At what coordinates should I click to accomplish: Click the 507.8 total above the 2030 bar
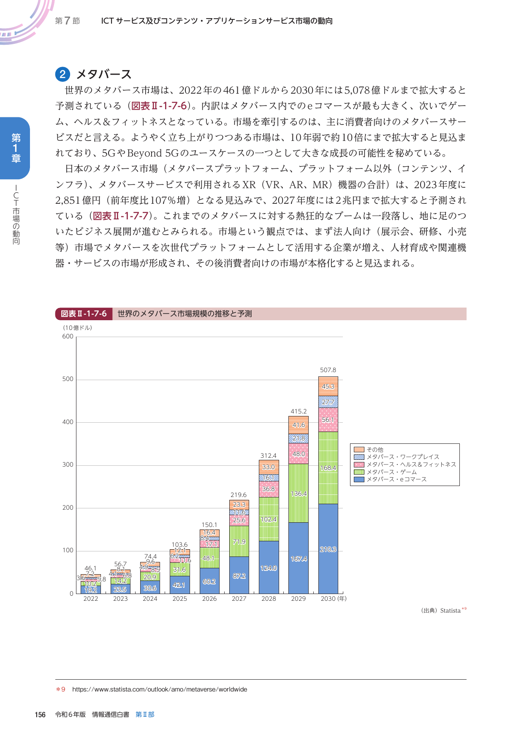pos(328,370)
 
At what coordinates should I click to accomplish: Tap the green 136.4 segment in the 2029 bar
pos(298,493)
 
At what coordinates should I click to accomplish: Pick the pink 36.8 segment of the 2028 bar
pos(269,489)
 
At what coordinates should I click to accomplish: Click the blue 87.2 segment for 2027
pos(239,575)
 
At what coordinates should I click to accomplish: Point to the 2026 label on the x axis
pos(209,599)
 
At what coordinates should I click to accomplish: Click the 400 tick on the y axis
pos(68,422)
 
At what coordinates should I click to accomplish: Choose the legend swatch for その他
pos(359,450)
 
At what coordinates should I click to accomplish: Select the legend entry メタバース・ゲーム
pos(391,472)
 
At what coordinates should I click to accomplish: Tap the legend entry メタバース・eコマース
pos(396,479)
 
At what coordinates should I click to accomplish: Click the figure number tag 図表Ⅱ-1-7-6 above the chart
pos(84,314)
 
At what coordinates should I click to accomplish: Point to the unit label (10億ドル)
pos(78,328)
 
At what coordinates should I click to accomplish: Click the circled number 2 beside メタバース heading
pos(62,75)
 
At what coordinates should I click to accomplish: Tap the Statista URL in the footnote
pos(160,689)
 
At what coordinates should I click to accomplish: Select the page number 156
pos(40,715)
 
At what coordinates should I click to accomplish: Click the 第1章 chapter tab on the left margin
pos(16,148)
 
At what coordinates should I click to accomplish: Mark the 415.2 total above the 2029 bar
pos(298,411)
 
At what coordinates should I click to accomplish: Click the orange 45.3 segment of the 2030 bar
pos(328,386)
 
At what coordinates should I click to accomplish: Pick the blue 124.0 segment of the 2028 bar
pos(269,567)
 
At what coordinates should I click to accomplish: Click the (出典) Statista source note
pos(442,610)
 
